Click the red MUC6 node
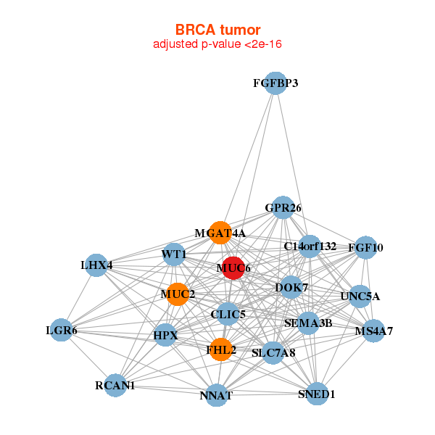pos(233,268)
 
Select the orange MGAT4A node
pos(220,233)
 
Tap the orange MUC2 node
pos(178,294)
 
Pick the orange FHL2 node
pos(221,349)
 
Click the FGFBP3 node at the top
pos(275,83)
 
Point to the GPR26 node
pos(283,207)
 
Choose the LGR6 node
pos(62,330)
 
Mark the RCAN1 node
pos(115,386)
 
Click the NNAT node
pos(216,395)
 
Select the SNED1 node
pos(317,394)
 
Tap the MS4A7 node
pos(374,331)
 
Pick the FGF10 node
pos(366,247)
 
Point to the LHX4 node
pos(96,265)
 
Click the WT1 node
pos(174,254)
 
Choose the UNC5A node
pos(360,297)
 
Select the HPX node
pos(165,335)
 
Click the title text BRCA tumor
pos(217,30)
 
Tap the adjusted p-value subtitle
pos(217,44)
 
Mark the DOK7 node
pos(291,287)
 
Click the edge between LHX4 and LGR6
pos(79,297)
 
